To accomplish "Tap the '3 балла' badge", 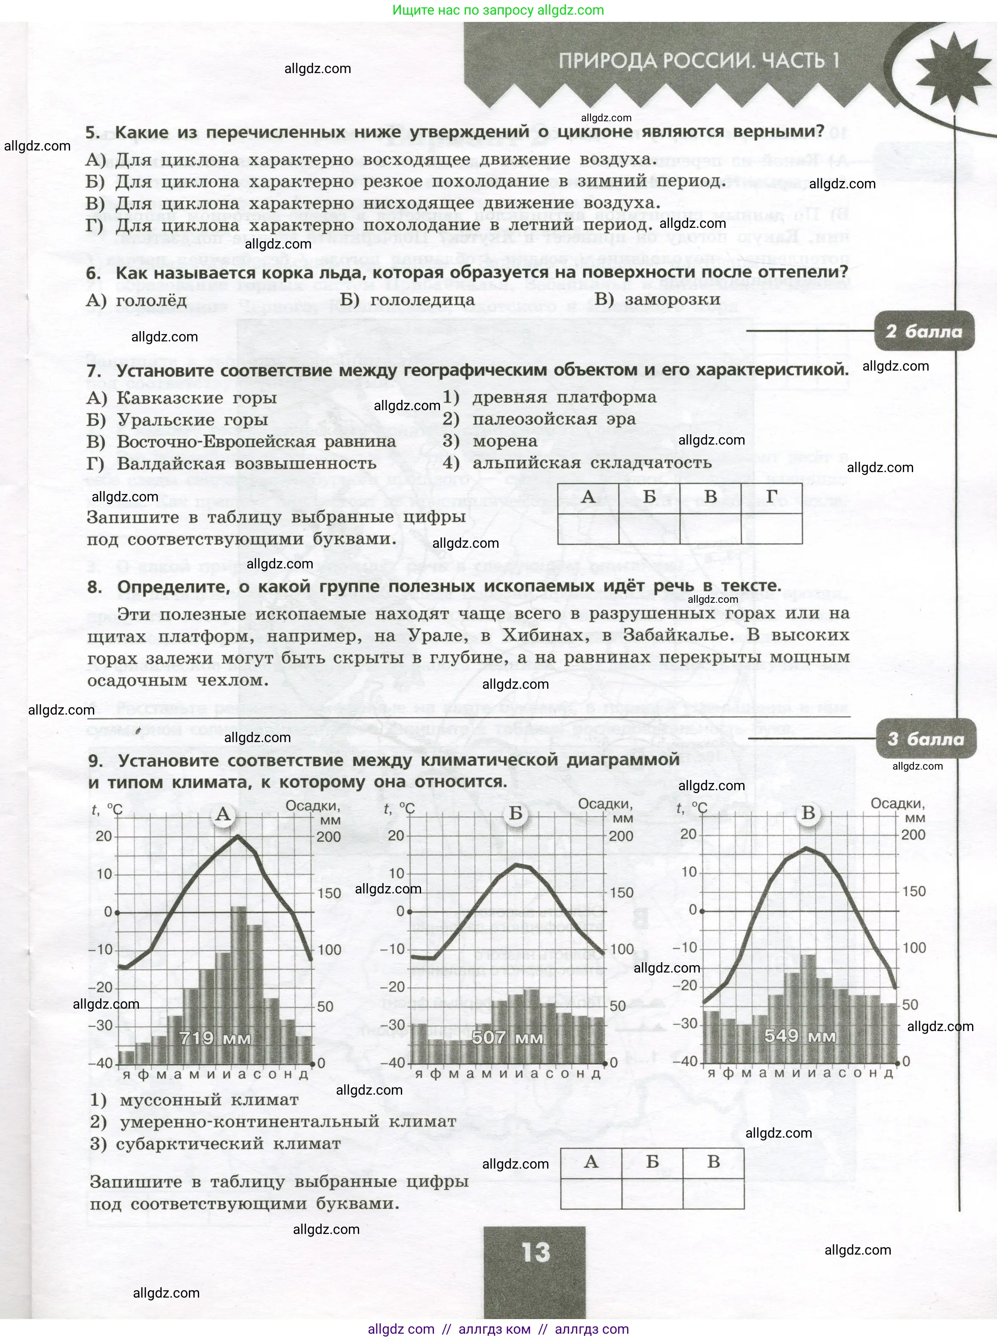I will click(x=925, y=739).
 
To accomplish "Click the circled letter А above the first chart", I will click(x=223, y=814).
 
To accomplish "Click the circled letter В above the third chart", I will click(x=808, y=813).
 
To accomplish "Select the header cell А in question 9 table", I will click(x=591, y=1161).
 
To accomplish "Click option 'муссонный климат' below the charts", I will click(x=209, y=1100).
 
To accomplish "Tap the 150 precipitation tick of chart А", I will click(x=329, y=893).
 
